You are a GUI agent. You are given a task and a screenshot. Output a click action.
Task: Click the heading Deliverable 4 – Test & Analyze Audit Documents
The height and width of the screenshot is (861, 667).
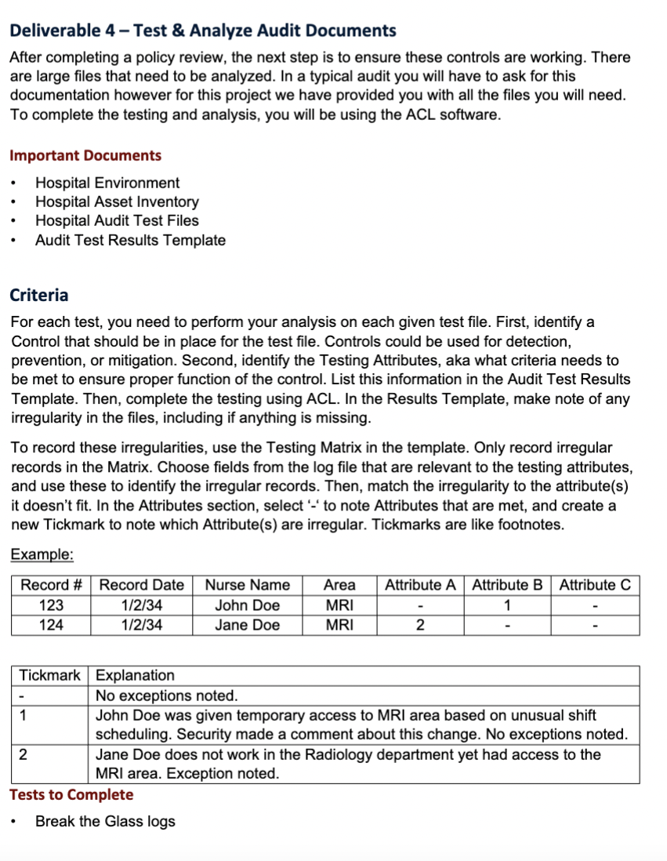click(203, 31)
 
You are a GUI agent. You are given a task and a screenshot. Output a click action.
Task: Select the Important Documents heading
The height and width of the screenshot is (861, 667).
click(85, 155)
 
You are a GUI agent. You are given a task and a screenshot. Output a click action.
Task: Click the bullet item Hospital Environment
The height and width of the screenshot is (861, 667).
click(107, 183)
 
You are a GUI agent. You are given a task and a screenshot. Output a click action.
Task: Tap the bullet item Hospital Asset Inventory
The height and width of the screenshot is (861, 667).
click(117, 202)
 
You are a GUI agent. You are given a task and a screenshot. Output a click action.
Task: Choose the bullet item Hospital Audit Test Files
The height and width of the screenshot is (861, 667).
click(117, 220)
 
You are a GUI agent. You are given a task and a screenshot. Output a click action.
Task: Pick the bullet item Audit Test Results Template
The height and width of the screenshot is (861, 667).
click(130, 240)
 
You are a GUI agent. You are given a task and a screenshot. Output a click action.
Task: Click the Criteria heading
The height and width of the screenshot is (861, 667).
click(39, 295)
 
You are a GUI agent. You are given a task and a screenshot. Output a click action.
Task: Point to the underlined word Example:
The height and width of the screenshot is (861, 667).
click(42, 554)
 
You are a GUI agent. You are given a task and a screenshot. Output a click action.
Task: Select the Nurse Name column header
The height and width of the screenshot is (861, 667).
click(247, 585)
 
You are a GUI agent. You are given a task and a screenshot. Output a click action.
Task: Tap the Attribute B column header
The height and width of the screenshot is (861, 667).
click(507, 585)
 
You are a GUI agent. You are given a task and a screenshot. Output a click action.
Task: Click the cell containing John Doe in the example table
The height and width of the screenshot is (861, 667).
click(247, 605)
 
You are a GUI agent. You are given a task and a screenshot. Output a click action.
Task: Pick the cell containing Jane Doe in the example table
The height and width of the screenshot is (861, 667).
click(247, 625)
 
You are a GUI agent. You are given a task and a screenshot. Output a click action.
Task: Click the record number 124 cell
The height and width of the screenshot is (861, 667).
click(52, 625)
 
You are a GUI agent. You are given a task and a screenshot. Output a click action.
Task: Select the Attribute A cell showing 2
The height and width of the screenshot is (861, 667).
click(420, 625)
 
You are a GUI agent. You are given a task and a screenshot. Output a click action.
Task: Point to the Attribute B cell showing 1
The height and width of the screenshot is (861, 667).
click(507, 605)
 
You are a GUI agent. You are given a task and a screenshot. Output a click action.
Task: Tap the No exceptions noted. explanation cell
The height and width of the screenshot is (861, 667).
click(166, 696)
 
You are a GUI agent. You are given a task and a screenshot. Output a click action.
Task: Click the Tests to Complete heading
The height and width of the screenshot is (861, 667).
click(71, 794)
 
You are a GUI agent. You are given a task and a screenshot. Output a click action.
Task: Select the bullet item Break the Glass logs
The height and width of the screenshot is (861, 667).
click(105, 821)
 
